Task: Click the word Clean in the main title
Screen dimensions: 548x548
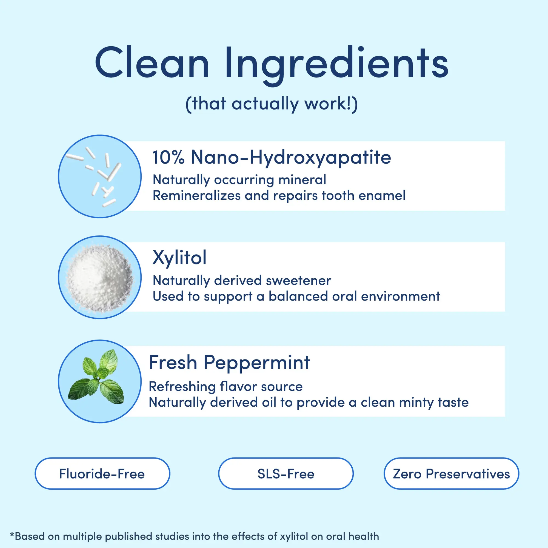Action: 152,62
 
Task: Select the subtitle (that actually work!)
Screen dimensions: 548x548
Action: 272,104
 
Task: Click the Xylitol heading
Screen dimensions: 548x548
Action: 179,258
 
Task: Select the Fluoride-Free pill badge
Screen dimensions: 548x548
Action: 102,473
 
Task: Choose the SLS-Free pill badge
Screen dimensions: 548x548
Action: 286,473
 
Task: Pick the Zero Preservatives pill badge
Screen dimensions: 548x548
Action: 451,473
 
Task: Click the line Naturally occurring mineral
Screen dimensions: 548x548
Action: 239,180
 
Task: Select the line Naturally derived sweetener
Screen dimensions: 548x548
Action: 242,281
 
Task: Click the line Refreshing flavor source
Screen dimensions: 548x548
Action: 226,387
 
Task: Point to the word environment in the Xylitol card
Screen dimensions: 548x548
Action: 400,296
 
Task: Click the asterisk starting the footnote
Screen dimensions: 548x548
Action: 12,534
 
